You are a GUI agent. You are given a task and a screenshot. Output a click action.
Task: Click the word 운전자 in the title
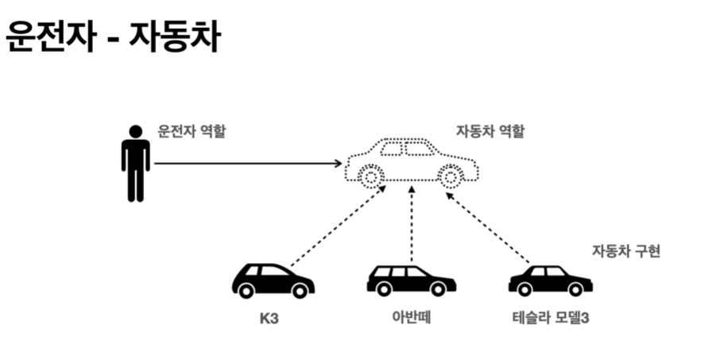click(49, 37)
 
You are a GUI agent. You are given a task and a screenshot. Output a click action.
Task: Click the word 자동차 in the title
click(176, 37)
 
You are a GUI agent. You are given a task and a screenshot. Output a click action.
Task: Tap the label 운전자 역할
click(192, 131)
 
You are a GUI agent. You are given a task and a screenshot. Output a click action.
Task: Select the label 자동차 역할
click(490, 131)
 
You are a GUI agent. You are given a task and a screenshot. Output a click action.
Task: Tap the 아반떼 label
click(410, 319)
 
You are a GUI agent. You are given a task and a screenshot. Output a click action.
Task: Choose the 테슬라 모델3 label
click(551, 319)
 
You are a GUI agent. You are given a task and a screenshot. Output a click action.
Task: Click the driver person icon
click(136, 163)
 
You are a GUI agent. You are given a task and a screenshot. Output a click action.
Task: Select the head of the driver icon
click(136, 131)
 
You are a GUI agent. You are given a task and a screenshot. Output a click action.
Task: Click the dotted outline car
click(411, 162)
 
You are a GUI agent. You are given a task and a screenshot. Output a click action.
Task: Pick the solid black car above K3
click(273, 281)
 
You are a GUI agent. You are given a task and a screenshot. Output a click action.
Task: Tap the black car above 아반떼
click(411, 281)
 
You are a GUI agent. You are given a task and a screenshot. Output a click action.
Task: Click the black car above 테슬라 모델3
click(550, 281)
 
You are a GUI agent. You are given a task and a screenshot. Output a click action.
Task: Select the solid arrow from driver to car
click(246, 163)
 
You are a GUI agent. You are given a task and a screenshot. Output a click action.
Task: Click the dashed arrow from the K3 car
click(338, 226)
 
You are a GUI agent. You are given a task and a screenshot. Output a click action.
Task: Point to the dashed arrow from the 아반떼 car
click(412, 226)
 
